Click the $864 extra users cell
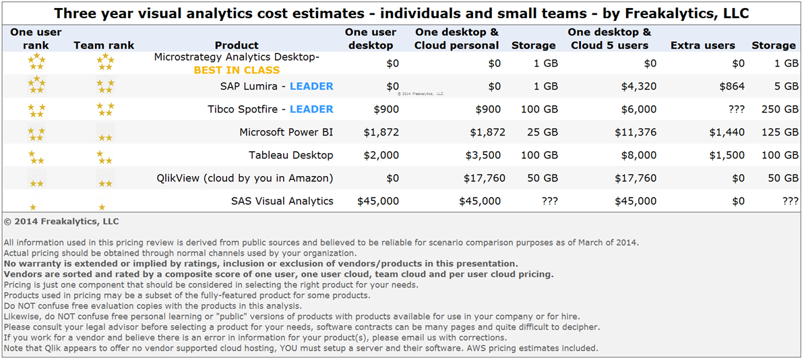click(x=731, y=86)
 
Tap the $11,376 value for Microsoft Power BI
click(x=635, y=132)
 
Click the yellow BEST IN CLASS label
click(x=237, y=69)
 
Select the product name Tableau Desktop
click(x=291, y=155)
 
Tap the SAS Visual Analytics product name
click(x=282, y=201)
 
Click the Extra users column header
click(x=703, y=45)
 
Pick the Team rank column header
click(x=104, y=45)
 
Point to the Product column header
click(x=237, y=45)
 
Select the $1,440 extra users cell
click(x=727, y=132)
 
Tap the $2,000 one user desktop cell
click(x=381, y=155)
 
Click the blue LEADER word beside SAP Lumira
click(x=311, y=86)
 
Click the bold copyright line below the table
click(x=61, y=221)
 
